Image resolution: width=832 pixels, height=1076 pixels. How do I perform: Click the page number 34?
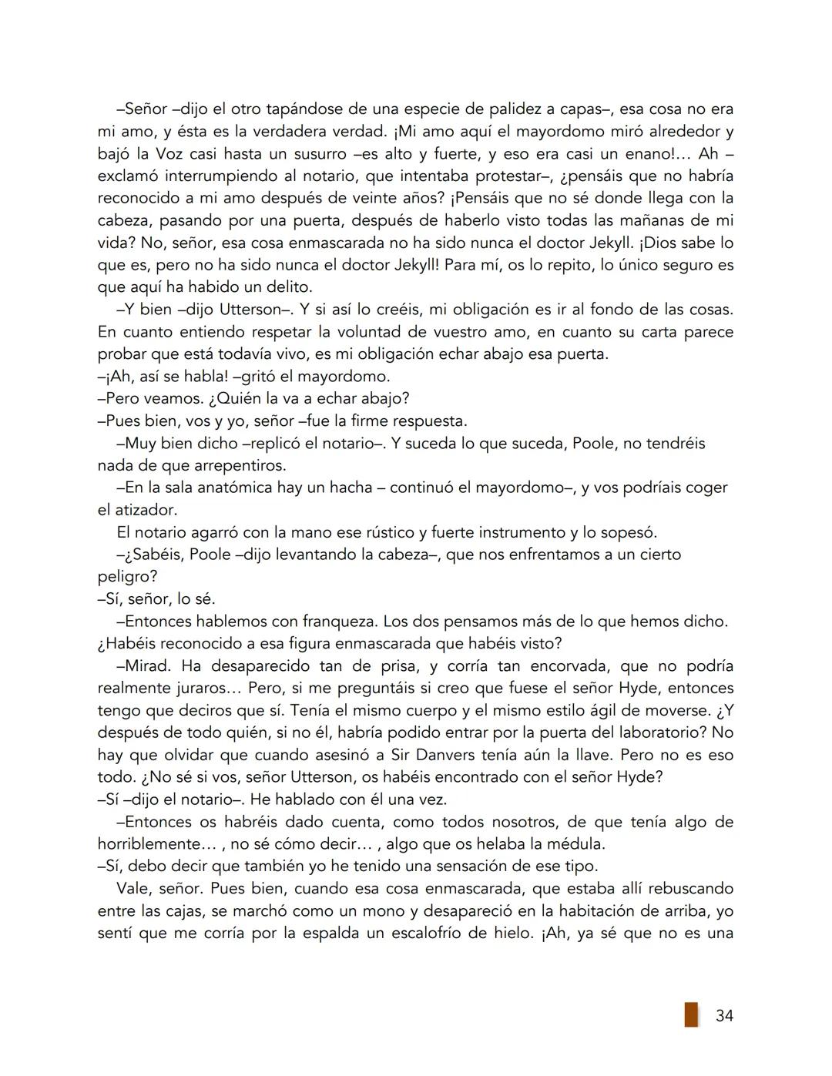coord(724,1016)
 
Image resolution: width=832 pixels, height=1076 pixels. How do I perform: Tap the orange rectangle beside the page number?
coord(691,1014)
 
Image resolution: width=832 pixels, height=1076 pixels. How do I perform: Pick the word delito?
coord(287,287)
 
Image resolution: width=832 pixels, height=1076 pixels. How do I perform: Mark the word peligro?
coord(127,576)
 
